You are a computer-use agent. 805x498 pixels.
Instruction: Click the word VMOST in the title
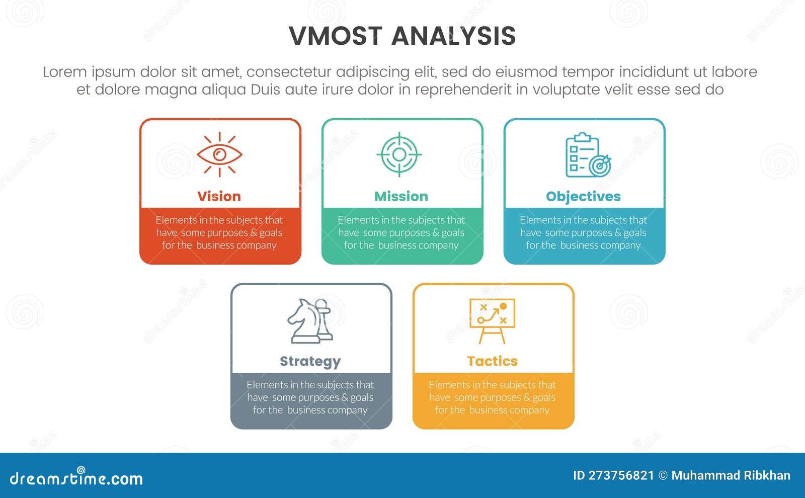coord(336,36)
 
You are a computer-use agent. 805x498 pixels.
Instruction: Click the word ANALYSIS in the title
coord(453,36)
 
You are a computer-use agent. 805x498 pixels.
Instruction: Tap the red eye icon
coord(219,154)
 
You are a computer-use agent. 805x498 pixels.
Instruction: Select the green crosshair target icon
coord(399,154)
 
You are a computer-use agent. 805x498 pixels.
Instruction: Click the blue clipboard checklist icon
coord(587,155)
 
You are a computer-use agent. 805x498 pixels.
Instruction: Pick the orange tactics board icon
coord(492,320)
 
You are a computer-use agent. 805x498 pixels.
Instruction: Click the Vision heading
coord(219,196)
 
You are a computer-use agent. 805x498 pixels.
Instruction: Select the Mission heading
coord(401,196)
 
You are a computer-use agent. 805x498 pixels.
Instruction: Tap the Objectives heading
coord(583,196)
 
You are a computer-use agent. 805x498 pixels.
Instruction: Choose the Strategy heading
coord(310,361)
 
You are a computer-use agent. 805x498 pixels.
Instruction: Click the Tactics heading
coord(492,361)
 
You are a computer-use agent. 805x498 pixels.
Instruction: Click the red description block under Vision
coord(219,233)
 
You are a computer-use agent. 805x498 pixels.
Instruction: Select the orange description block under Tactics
coord(492,398)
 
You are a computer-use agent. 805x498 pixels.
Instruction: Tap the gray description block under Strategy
coord(310,398)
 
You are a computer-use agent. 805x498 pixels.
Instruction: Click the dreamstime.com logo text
coord(76,478)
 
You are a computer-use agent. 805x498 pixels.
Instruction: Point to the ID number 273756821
coord(621,475)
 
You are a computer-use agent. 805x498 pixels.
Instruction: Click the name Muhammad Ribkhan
coord(731,475)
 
